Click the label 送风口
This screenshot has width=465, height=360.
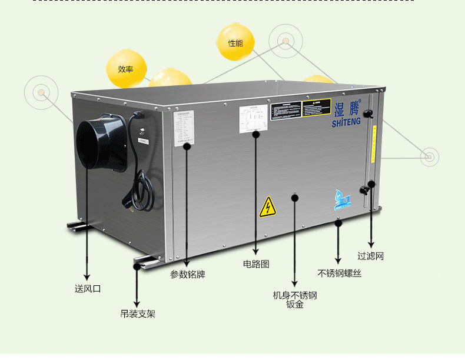(x=88, y=289)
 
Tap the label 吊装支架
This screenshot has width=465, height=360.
(x=138, y=314)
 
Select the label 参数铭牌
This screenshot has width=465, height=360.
(x=188, y=274)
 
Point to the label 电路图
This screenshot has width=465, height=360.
(x=256, y=264)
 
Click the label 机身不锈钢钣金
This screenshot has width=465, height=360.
(x=295, y=300)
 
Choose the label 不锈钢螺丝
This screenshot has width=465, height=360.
(x=340, y=274)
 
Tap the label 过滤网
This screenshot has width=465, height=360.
(x=371, y=256)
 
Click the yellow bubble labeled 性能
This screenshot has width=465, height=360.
(x=235, y=43)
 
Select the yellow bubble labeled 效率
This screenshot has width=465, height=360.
(x=125, y=69)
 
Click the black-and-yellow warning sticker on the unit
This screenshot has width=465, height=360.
(x=300, y=109)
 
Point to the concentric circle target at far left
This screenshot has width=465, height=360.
(x=41, y=92)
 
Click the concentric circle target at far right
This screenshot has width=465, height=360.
(x=429, y=156)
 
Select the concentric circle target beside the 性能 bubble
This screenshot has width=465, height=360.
(x=285, y=41)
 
